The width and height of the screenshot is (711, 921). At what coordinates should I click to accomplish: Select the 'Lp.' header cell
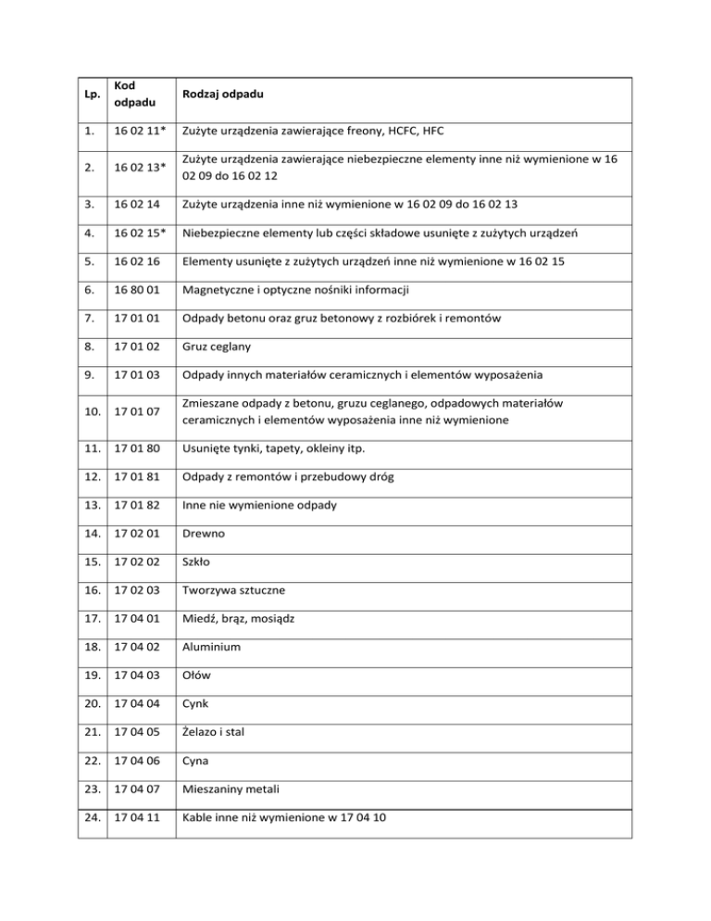(x=90, y=95)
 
